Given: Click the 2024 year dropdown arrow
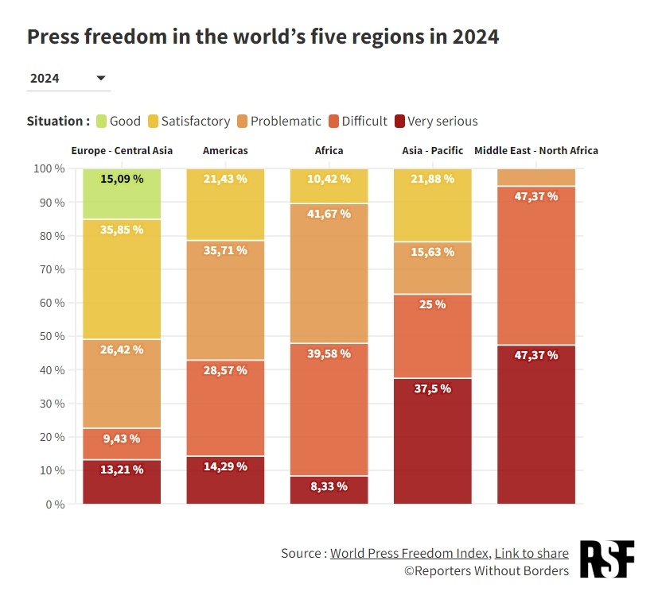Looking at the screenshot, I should click(x=101, y=78).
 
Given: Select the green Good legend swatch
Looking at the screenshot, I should click(x=100, y=121).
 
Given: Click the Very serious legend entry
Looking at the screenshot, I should click(x=442, y=121).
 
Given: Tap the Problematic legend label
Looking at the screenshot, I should click(x=286, y=121).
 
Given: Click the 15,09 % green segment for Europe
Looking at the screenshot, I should click(x=122, y=193).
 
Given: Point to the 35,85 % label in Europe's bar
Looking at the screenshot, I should click(x=122, y=230).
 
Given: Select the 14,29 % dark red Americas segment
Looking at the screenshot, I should click(x=225, y=480).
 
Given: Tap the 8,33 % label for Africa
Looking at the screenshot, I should click(x=329, y=486).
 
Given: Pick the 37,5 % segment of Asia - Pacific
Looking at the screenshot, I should click(x=433, y=441).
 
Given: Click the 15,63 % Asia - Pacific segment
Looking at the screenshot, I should click(x=433, y=268).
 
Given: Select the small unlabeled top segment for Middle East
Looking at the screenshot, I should click(x=536, y=176).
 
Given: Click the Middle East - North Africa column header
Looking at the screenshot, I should click(x=536, y=150).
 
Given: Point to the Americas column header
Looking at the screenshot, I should click(x=225, y=150).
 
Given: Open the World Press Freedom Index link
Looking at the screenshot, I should click(x=409, y=553).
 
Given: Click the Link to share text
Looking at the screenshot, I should click(x=532, y=553).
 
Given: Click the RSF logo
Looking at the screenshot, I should click(x=607, y=559).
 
